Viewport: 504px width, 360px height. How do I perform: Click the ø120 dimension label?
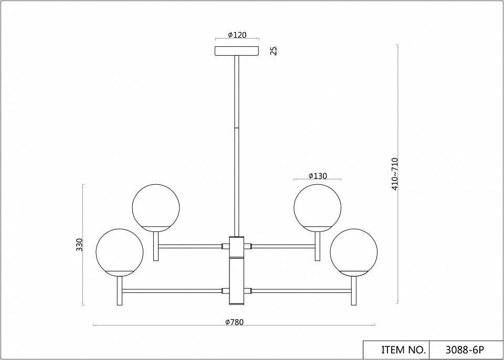point(237,35)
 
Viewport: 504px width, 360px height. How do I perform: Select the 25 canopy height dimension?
point(274,51)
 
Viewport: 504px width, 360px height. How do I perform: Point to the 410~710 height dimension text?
point(395,174)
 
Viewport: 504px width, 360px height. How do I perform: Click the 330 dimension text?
point(79,245)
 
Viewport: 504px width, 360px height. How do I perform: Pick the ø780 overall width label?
point(234,322)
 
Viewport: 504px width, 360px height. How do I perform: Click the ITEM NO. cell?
point(396,350)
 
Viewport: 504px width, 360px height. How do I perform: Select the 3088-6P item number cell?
point(466,350)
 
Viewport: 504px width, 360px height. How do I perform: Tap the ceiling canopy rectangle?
point(237,51)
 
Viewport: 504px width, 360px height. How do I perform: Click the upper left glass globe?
point(156,208)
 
